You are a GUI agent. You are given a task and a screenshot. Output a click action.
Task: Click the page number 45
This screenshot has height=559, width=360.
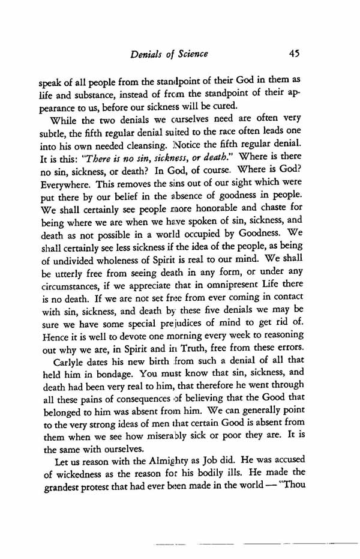pos(293,53)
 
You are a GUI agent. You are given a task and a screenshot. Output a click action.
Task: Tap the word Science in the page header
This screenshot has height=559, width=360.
pos(189,53)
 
